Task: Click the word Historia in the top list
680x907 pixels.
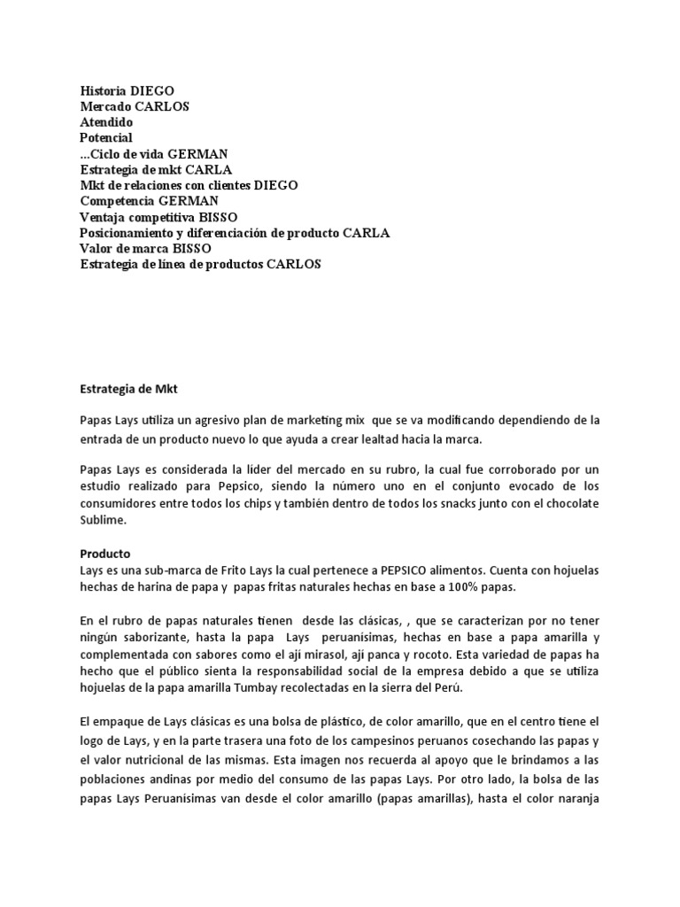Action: click(103, 91)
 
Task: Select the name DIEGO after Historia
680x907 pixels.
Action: click(152, 91)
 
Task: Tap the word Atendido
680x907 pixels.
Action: click(106, 122)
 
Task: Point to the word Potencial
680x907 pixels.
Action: click(106, 138)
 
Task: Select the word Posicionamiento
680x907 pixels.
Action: click(130, 234)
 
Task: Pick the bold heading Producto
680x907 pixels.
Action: click(105, 554)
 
